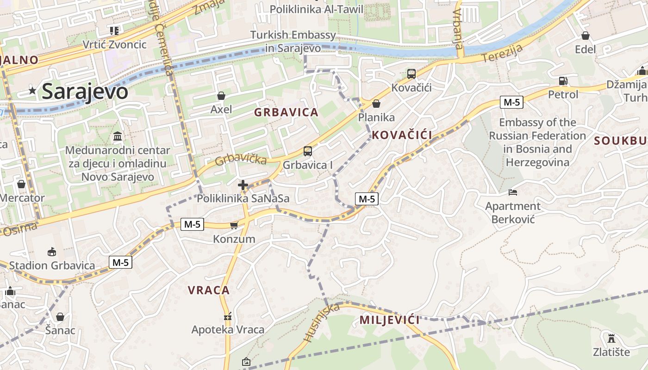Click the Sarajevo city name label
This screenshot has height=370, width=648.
click(x=85, y=92)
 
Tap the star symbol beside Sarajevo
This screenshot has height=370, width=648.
click(x=32, y=91)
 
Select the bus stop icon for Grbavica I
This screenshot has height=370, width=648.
click(x=307, y=151)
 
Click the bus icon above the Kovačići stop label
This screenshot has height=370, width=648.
click(x=411, y=74)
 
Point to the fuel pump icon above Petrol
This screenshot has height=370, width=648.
click(x=563, y=81)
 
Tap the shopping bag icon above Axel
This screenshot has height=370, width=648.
click(x=221, y=96)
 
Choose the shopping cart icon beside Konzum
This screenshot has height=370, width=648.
click(x=234, y=225)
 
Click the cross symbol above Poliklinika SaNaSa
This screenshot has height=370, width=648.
click(x=243, y=185)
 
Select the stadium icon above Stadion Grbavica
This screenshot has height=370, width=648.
click(x=52, y=252)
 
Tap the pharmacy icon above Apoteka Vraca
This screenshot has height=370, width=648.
click(x=228, y=316)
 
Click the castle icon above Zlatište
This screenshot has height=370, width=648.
click(x=611, y=338)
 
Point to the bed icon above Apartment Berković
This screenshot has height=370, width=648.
click(x=512, y=192)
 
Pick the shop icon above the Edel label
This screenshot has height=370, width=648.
click(x=585, y=36)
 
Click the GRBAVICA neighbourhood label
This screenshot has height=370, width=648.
click(x=286, y=112)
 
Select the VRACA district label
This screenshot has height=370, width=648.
click(x=209, y=290)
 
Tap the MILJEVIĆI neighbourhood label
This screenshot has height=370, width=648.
click(x=390, y=320)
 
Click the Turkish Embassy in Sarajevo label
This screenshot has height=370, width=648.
click(x=293, y=41)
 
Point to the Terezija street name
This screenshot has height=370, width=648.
click(x=503, y=54)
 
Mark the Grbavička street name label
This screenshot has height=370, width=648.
click(x=241, y=159)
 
